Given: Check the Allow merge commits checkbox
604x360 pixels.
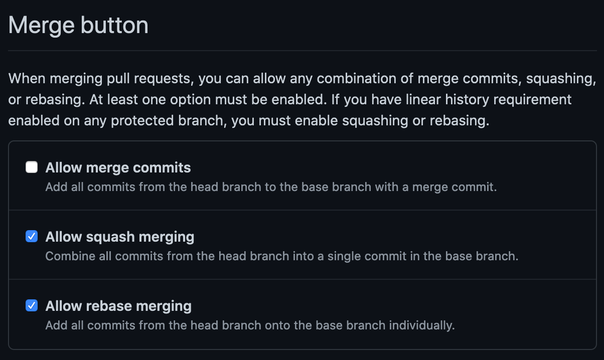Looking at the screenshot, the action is click(x=32, y=167).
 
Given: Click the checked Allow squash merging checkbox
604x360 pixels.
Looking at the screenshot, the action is click(x=32, y=236).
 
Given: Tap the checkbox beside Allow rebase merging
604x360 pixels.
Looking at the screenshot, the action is click(x=32, y=305).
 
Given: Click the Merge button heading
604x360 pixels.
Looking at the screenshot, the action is click(x=78, y=25).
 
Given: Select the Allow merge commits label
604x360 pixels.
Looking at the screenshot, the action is click(x=118, y=167).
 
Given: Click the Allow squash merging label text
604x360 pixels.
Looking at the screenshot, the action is click(x=120, y=237).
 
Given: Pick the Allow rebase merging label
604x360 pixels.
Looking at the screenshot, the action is click(x=118, y=306).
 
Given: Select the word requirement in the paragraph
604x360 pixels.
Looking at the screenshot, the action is click(x=532, y=100).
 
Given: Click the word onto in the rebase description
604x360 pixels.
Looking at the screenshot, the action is click(x=277, y=325).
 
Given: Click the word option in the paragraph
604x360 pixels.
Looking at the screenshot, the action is click(x=190, y=100).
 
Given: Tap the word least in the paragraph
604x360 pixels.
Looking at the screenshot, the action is click(x=122, y=99).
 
